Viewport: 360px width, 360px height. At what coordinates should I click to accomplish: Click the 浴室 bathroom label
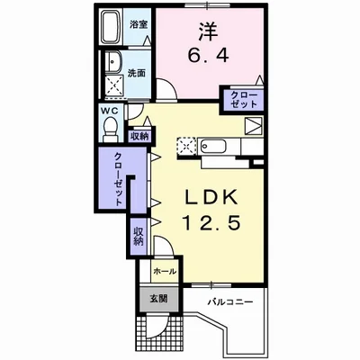click(139, 24)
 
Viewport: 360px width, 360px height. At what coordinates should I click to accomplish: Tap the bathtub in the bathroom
click(112, 27)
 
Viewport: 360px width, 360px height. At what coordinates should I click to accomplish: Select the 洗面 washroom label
click(137, 73)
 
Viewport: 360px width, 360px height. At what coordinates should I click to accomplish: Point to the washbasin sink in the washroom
click(113, 61)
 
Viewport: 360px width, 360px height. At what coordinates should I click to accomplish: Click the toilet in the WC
click(111, 130)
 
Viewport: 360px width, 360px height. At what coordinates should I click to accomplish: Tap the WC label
click(109, 111)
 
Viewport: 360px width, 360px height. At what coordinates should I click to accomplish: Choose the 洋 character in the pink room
click(208, 31)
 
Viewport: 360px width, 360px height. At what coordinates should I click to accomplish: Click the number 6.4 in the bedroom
click(208, 55)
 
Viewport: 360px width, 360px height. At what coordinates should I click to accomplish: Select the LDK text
click(211, 196)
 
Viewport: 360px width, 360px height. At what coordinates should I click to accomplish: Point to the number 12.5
click(211, 222)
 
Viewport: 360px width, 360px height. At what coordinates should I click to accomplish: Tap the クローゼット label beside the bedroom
click(243, 100)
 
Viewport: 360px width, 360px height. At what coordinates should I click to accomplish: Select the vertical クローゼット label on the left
click(118, 179)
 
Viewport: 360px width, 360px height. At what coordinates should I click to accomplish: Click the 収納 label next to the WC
click(139, 136)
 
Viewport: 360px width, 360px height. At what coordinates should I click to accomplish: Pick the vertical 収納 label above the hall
click(138, 237)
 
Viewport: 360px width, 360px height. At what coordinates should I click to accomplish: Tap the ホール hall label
click(165, 272)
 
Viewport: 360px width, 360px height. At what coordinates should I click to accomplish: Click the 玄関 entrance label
click(158, 299)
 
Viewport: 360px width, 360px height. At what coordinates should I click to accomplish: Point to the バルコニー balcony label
click(230, 301)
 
